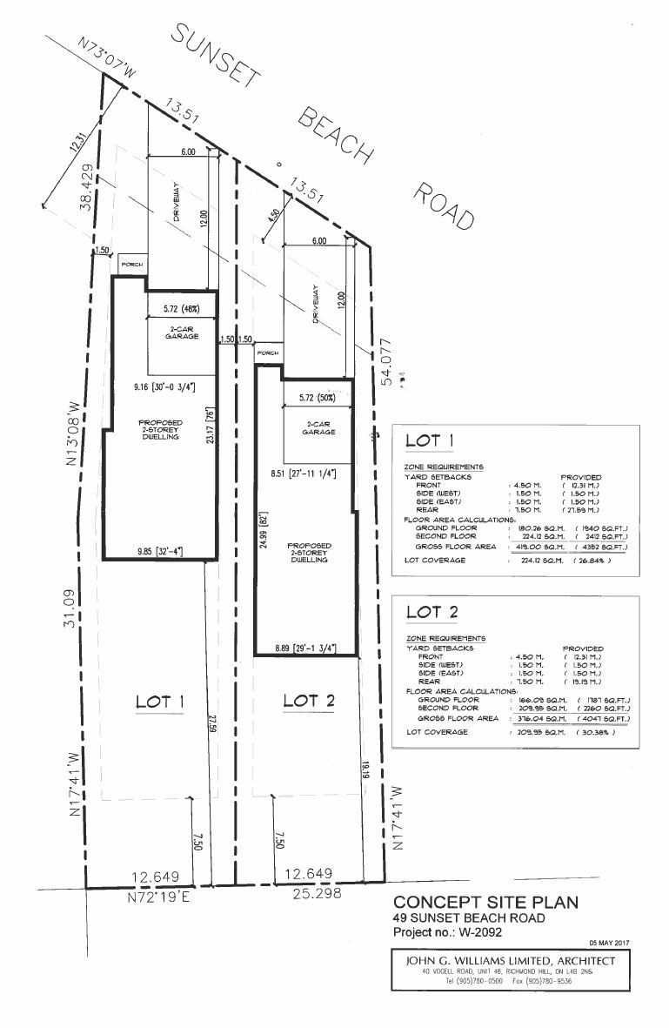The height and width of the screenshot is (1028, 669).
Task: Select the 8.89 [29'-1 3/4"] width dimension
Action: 304,647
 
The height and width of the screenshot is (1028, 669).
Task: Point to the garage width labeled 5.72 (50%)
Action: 311,397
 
